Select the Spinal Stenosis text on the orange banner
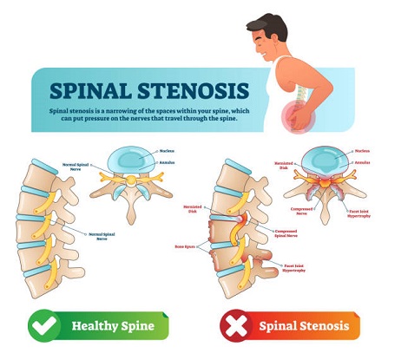(x=306, y=326)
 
